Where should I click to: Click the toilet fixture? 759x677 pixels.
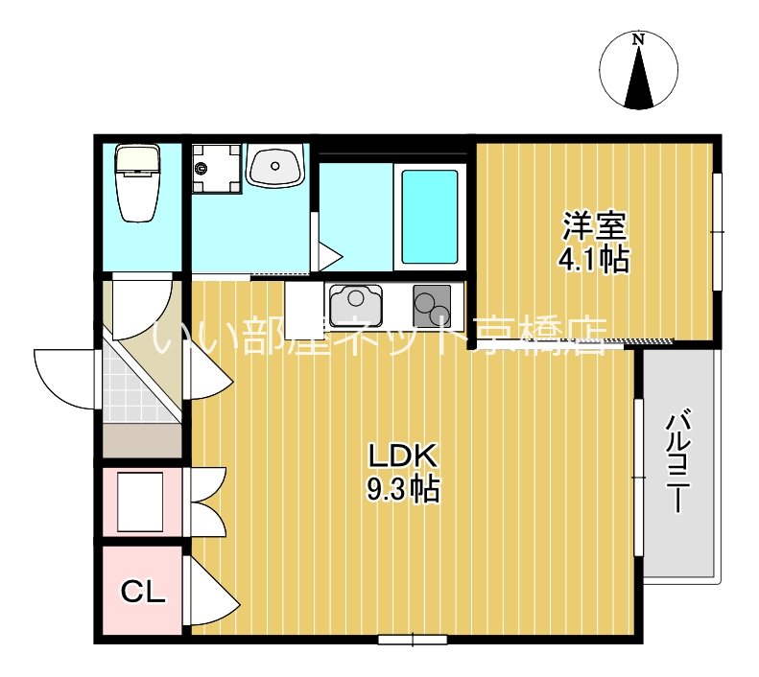tap(137, 184)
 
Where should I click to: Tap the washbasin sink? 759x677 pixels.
tap(274, 165)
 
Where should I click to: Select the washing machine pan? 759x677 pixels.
tap(216, 168)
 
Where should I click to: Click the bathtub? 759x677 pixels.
tap(430, 217)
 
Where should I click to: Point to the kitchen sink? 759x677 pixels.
tap(356, 306)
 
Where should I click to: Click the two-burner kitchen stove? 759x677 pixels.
tap(432, 306)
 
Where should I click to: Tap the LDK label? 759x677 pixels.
tap(403, 455)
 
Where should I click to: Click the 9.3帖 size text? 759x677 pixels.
tap(403, 489)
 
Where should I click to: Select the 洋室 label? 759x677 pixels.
tap(594, 226)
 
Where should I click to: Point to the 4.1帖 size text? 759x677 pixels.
tap(594, 260)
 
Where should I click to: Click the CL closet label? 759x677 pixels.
tap(143, 591)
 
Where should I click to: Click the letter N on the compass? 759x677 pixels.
tap(639, 39)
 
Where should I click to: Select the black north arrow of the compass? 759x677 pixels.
tap(639, 78)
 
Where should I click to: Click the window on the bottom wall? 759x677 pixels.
tap(413, 640)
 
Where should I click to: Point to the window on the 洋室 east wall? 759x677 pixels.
tap(718, 232)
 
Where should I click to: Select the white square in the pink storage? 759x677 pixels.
tap(140, 502)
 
